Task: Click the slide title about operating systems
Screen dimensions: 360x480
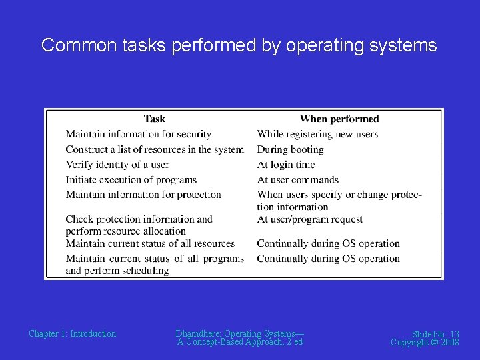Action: tap(239, 45)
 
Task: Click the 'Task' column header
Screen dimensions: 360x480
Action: tap(154, 119)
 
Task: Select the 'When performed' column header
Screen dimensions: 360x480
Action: tap(339, 119)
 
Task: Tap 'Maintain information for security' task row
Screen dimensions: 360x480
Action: tap(138, 134)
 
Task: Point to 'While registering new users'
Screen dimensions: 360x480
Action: tap(317, 134)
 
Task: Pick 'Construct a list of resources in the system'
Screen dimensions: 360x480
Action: tap(155, 149)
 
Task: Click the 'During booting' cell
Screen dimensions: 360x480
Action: tap(290, 149)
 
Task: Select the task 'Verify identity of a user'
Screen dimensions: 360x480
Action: tap(117, 165)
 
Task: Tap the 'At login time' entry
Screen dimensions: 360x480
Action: tap(286, 165)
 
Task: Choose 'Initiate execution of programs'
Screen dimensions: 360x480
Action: tap(131, 179)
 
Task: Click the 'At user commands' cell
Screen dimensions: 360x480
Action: tap(298, 179)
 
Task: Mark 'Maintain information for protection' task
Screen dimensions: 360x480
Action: tap(143, 195)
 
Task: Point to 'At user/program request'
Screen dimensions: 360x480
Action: tap(310, 219)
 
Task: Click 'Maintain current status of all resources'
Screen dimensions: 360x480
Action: tap(150, 243)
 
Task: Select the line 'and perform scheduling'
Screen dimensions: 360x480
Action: tap(117, 271)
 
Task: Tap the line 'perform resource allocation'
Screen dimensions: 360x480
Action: tap(125, 231)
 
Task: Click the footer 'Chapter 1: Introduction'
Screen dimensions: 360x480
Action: tap(72, 334)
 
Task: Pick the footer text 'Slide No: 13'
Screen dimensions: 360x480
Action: tap(435, 334)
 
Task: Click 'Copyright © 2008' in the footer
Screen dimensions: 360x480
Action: tap(425, 342)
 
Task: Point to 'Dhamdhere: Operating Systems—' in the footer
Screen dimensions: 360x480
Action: tap(239, 333)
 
